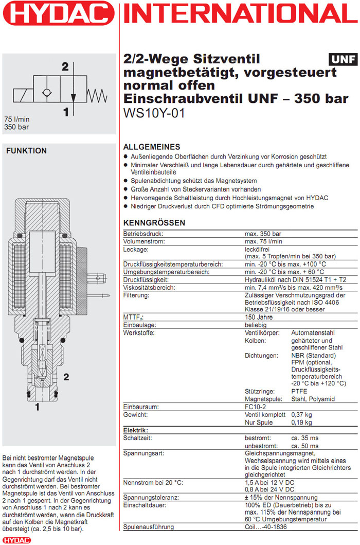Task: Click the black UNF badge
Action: (343, 59)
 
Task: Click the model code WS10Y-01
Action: (154, 113)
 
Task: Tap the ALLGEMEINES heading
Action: (152, 147)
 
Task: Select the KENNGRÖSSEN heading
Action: (154, 223)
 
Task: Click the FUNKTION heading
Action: (26, 151)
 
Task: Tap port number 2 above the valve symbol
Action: (65, 66)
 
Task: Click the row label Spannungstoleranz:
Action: (151, 498)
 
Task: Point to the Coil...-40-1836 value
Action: (265, 527)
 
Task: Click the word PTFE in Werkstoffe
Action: (300, 391)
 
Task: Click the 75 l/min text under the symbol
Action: (16, 119)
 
